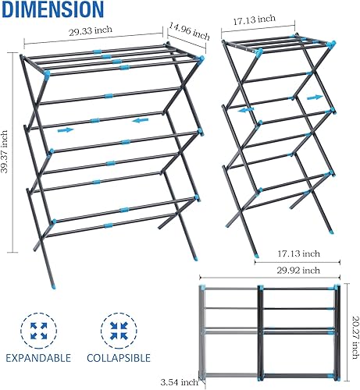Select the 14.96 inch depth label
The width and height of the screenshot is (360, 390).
190,34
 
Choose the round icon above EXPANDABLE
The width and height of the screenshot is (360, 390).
37,328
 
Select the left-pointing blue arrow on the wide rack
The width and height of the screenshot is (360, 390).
139,120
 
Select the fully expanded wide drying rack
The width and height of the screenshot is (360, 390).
109,148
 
